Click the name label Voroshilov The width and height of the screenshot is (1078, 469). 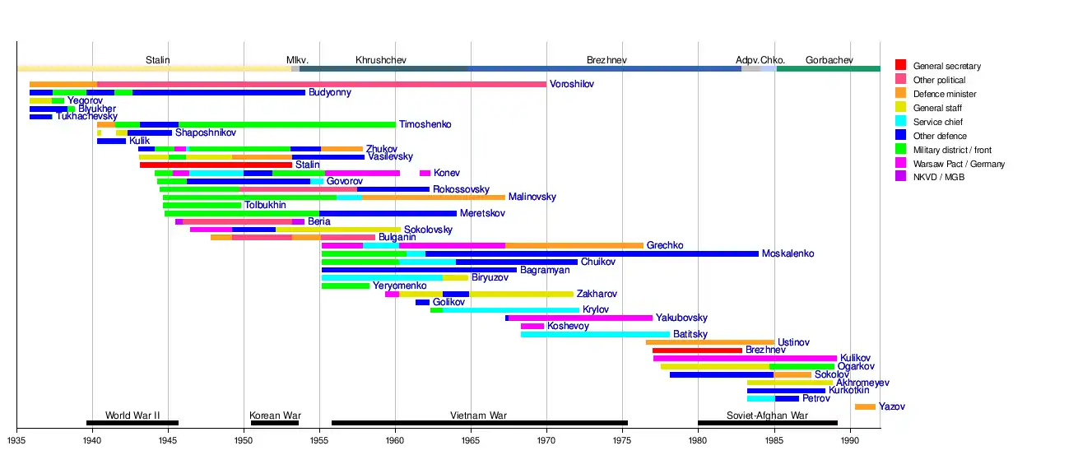click(571, 84)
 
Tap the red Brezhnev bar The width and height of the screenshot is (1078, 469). click(697, 351)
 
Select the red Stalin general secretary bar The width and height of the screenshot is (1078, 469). click(216, 165)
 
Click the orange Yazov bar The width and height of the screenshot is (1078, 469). click(865, 406)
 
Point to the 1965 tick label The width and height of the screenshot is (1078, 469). click(471, 440)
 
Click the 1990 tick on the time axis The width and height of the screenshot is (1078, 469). click(850, 440)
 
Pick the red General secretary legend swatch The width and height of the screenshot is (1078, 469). click(901, 66)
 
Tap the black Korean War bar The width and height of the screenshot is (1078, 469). click(274, 423)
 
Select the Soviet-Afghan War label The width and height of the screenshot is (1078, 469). click(767, 416)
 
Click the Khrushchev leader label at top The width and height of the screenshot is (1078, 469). click(380, 60)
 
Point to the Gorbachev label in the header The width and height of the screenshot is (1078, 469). click(829, 60)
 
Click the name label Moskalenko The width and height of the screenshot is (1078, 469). click(788, 253)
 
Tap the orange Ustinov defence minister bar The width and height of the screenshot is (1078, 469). click(709, 342)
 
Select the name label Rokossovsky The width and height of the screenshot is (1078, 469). click(461, 189)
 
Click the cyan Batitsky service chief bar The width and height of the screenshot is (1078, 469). click(595, 334)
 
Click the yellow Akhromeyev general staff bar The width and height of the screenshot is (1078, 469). click(789, 383)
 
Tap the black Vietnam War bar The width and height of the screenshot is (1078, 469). click(479, 423)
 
